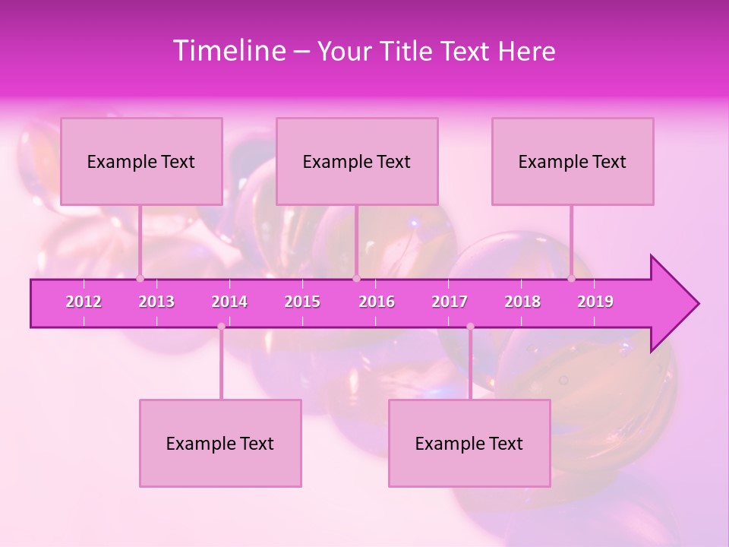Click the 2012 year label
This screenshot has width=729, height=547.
[x=84, y=302]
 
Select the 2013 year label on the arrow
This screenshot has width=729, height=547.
[x=156, y=302]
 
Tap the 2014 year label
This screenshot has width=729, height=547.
[x=229, y=302]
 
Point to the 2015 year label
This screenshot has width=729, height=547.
[x=302, y=302]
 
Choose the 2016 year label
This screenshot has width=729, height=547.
[x=377, y=302]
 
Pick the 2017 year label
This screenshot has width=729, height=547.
[x=450, y=302]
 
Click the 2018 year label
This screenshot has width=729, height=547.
[x=522, y=302]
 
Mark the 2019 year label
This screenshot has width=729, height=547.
[x=595, y=302]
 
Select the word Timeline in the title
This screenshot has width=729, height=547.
[x=228, y=51]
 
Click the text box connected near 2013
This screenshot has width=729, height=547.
[x=141, y=161]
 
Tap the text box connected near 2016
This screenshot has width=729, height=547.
[x=357, y=161]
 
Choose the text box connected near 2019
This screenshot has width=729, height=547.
[x=573, y=161]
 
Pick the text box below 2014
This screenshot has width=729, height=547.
[x=220, y=443]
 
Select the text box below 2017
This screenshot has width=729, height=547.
[x=469, y=443]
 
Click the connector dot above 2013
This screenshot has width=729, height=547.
[x=140, y=278]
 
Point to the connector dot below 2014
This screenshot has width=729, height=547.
[x=221, y=327]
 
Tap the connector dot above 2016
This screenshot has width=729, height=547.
[x=356, y=278]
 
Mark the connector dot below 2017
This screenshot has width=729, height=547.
[x=470, y=327]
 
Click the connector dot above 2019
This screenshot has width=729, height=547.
[x=572, y=278]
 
